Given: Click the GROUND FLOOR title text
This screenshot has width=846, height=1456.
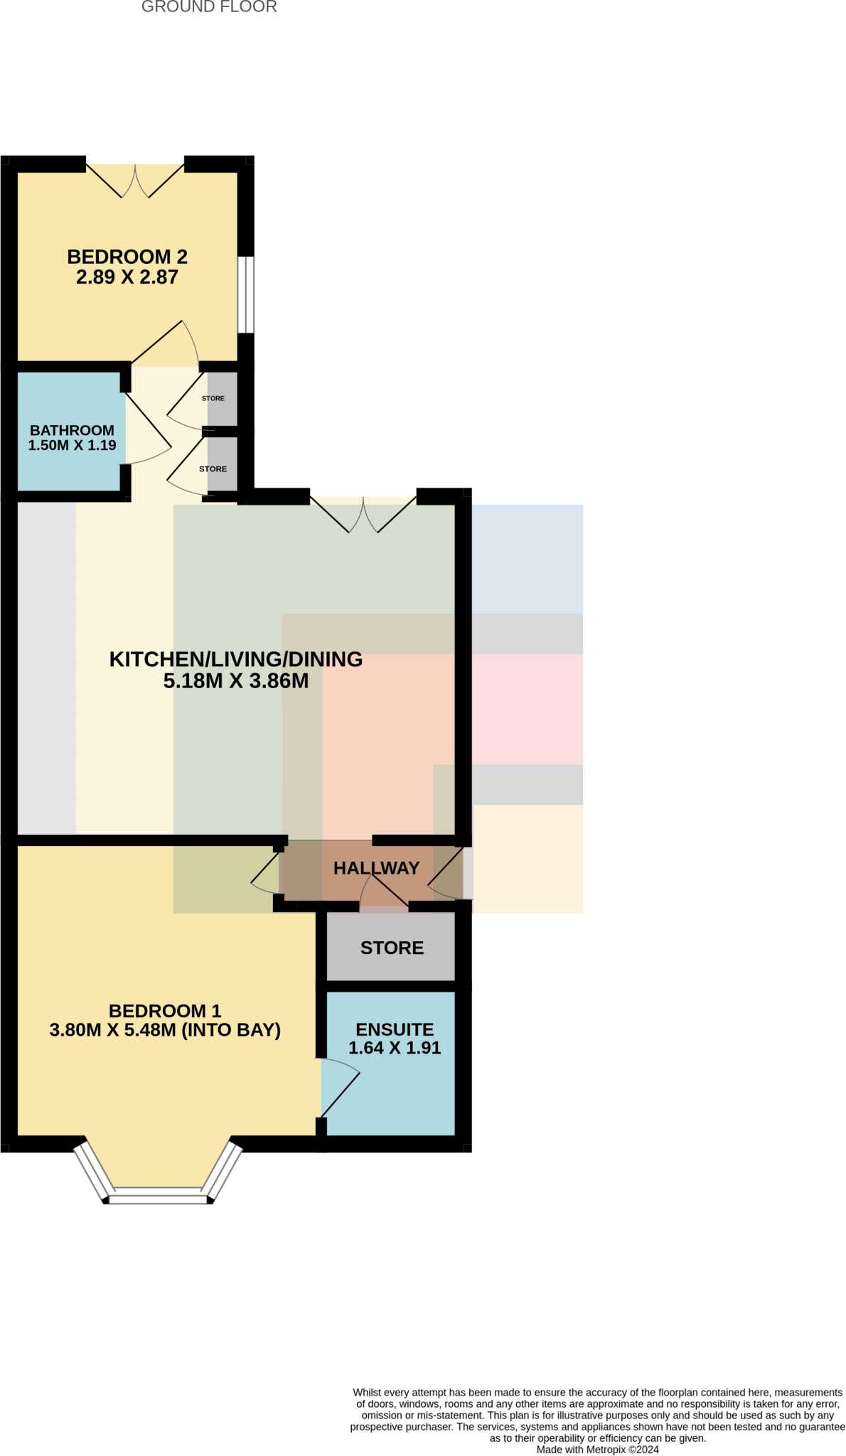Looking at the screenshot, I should (x=209, y=7).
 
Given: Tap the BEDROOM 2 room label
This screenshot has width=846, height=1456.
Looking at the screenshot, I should (x=127, y=257).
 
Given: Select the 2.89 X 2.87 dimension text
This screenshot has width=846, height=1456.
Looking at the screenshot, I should (x=127, y=277).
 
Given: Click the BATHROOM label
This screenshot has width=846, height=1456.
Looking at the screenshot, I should (x=72, y=430).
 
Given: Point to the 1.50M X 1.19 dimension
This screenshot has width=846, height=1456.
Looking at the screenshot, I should (x=72, y=446).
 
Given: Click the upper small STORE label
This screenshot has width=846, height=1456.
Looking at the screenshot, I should (x=213, y=398).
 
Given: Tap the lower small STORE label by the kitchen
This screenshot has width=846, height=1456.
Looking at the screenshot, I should (x=213, y=469).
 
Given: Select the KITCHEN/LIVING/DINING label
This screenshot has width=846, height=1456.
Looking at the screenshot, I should (x=236, y=659).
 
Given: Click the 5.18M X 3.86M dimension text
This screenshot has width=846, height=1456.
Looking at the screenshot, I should (x=236, y=681).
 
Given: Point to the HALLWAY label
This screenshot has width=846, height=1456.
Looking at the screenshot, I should (x=376, y=868).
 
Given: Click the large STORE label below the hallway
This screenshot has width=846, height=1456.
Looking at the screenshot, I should (x=392, y=948).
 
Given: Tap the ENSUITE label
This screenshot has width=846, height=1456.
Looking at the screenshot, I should (x=395, y=1029).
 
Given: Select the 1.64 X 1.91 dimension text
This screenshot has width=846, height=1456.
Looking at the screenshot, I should (x=395, y=1048).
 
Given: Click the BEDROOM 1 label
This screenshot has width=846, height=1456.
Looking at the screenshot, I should (x=165, y=1011).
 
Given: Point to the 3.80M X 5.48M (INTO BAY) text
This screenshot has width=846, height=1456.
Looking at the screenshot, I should (x=165, y=1030).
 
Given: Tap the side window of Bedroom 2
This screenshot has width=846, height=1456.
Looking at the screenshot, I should (x=245, y=294).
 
